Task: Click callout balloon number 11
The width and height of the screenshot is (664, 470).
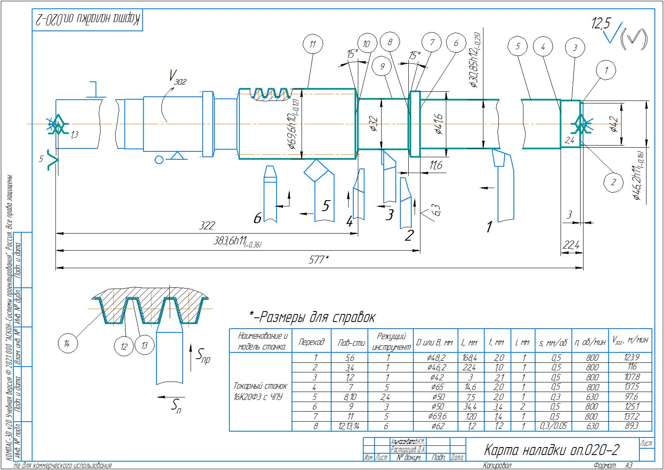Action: (313, 45)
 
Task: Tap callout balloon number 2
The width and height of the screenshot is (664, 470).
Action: (613, 182)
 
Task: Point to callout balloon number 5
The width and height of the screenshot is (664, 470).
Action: (518, 46)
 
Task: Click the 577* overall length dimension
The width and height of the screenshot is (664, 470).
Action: (319, 260)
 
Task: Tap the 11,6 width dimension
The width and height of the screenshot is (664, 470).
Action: (435, 166)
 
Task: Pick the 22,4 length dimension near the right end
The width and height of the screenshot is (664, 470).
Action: (571, 246)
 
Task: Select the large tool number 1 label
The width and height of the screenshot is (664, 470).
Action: (489, 227)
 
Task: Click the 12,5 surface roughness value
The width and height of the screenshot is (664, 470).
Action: (600, 24)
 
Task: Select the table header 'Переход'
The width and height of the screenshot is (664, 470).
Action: (311, 342)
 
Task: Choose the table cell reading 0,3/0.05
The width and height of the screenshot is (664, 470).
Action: (550, 426)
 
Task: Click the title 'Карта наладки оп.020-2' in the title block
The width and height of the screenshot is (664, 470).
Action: (551, 450)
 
